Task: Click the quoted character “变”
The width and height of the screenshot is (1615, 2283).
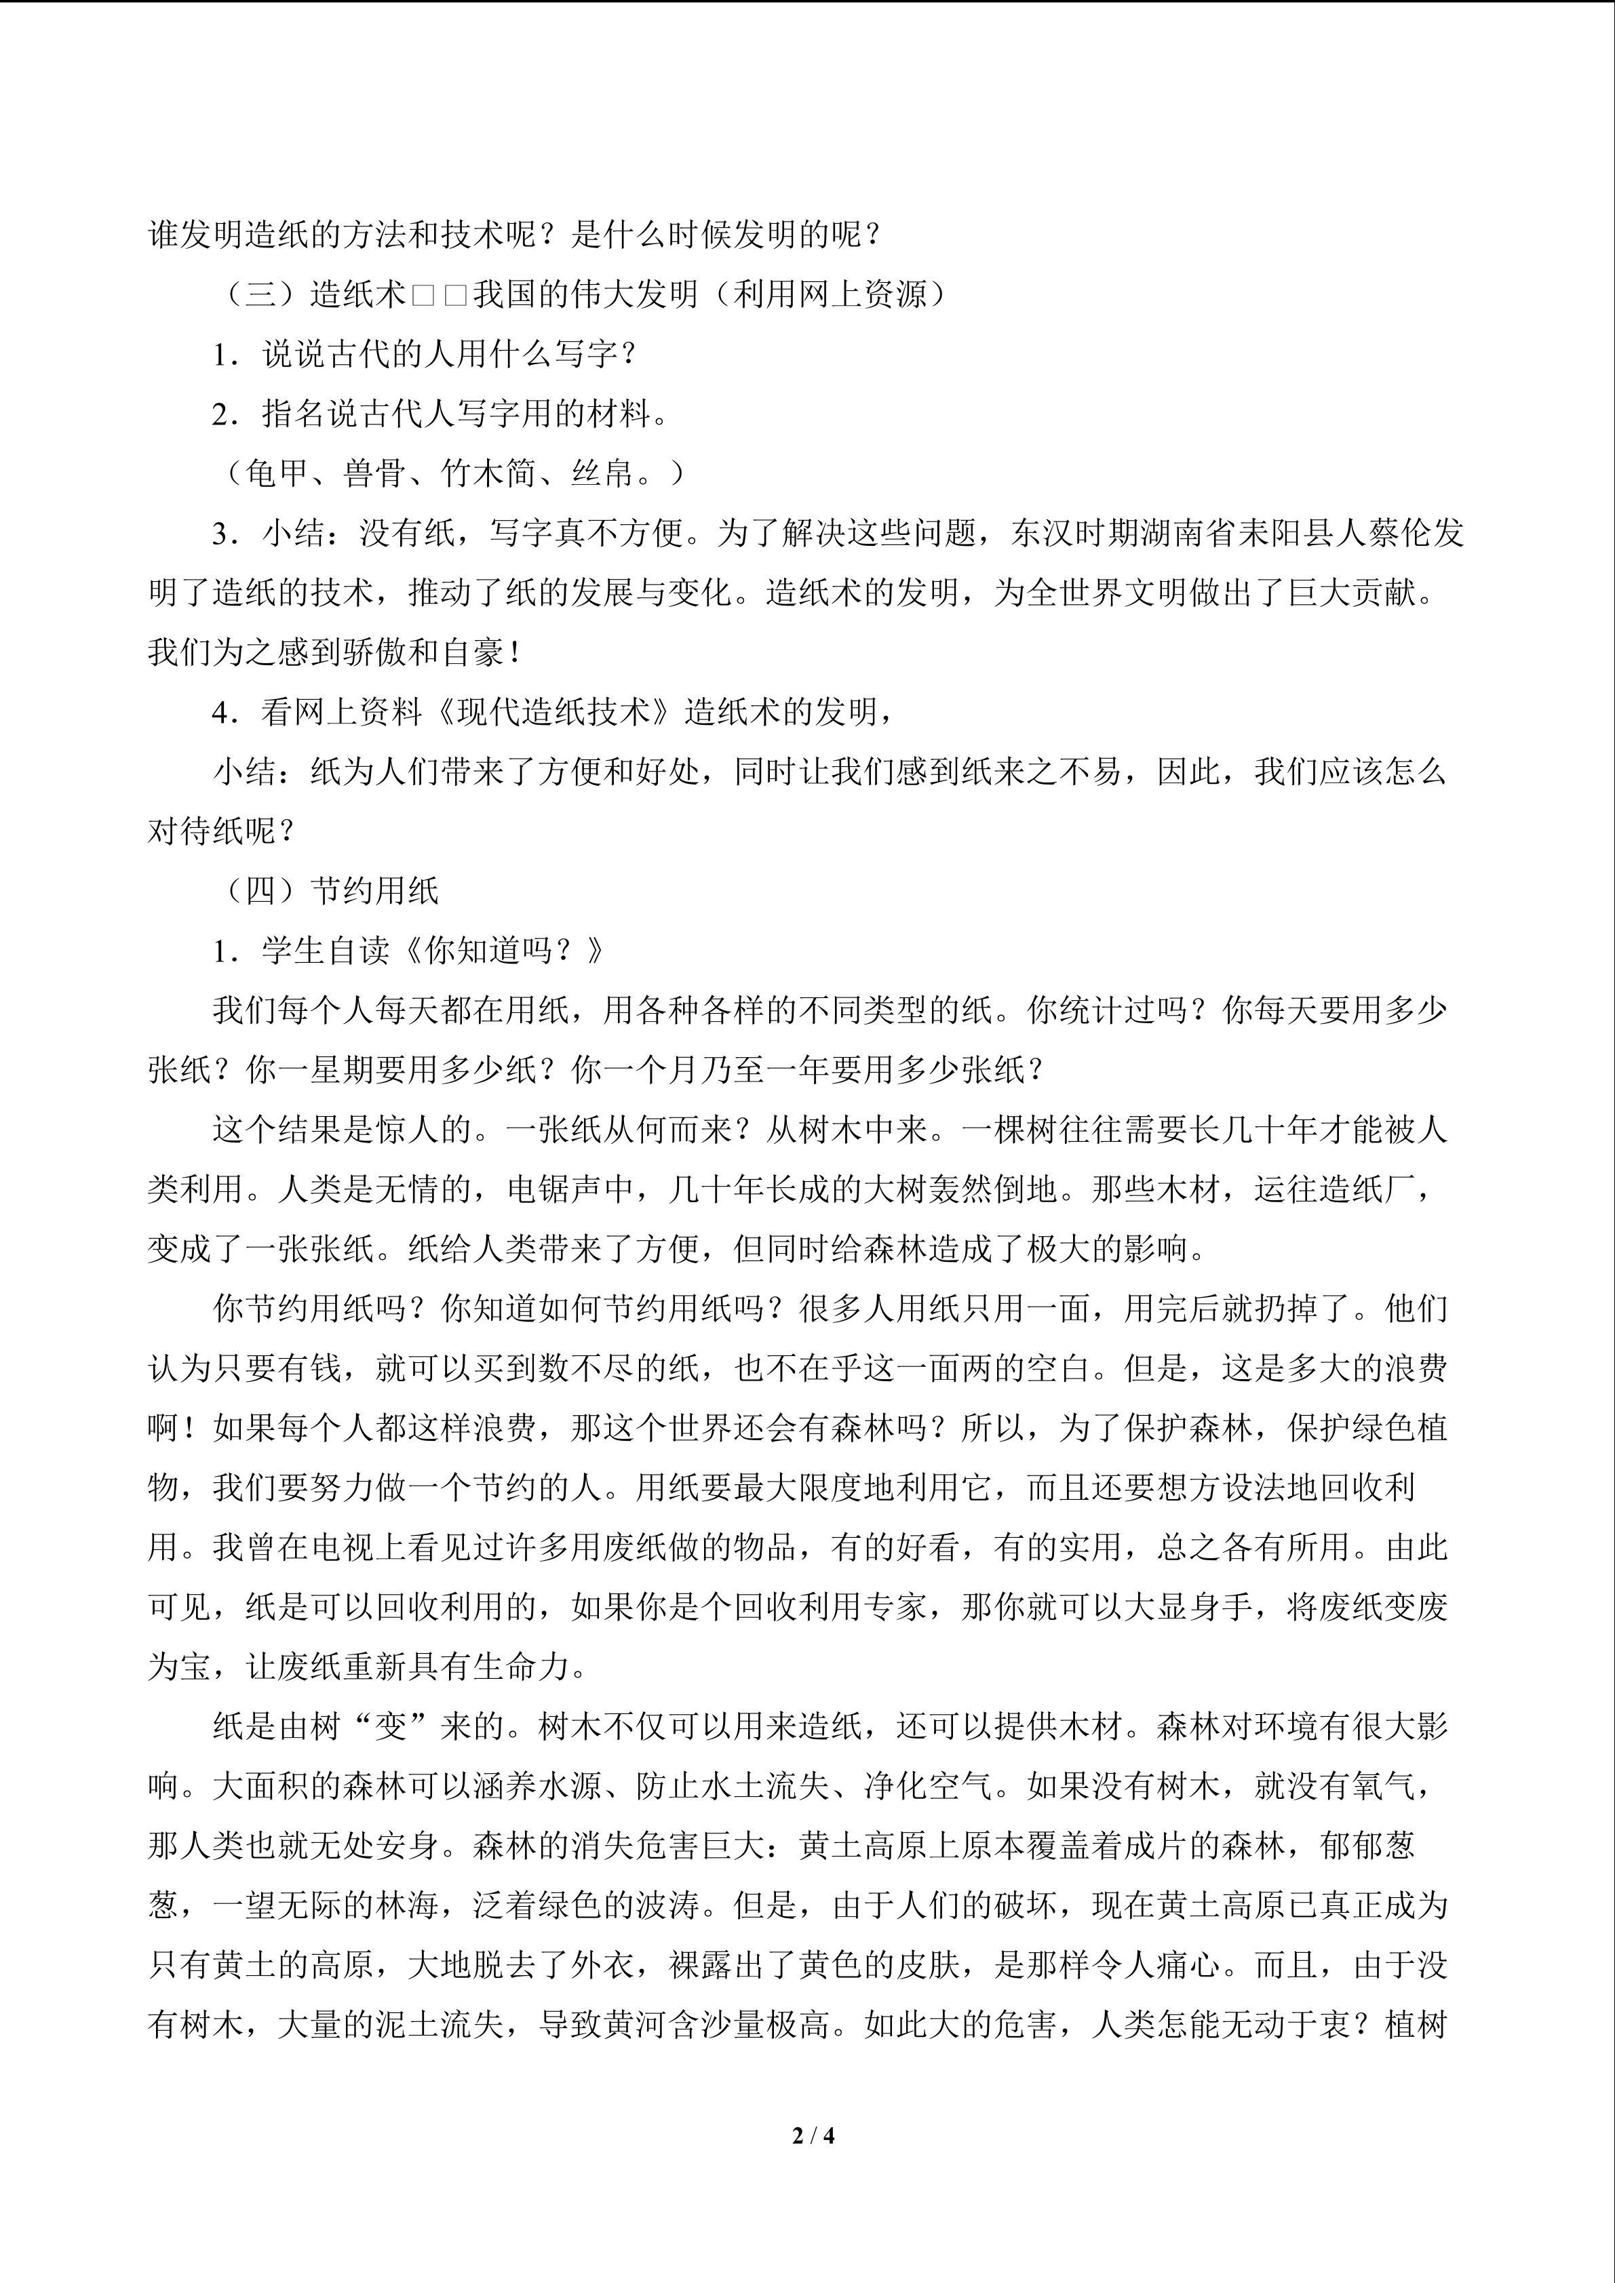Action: pos(390,1727)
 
